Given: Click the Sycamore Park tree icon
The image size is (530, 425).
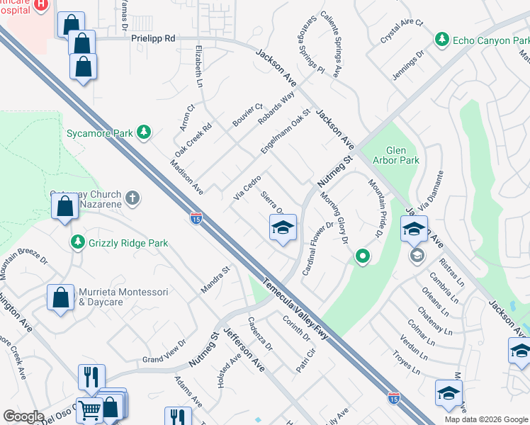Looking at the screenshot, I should pyautogui.click(x=144, y=132).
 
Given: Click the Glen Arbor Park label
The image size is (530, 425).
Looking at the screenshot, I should pyautogui.click(x=402, y=155).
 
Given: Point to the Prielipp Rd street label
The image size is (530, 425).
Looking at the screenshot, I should pyautogui.click(x=152, y=40).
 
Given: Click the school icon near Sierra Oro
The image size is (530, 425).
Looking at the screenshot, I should pyautogui.click(x=283, y=227).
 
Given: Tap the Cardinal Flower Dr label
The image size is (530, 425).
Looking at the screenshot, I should pyautogui.click(x=318, y=248).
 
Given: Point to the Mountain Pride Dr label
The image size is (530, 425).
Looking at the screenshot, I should pyautogui.click(x=376, y=206).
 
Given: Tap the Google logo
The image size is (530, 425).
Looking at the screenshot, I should pyautogui.click(x=23, y=416).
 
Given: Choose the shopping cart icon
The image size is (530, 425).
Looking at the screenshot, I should pyautogui.click(x=89, y=410).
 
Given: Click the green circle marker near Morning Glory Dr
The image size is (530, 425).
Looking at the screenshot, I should pyautogui.click(x=362, y=256).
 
